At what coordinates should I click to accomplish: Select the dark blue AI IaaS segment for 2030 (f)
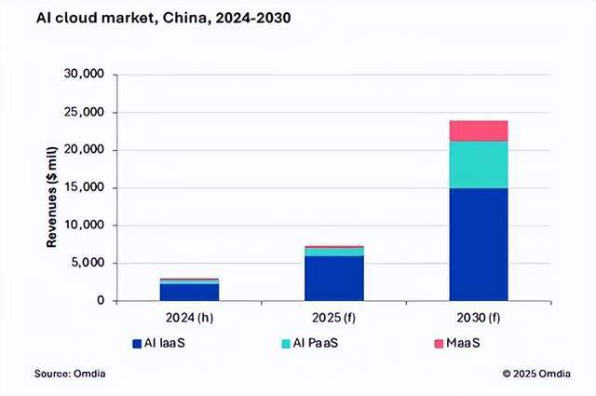click(x=479, y=244)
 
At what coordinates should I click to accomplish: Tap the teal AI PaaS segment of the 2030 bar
click(x=479, y=165)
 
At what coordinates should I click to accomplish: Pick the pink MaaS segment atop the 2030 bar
click(x=479, y=130)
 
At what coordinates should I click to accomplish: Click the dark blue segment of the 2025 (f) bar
click(x=334, y=278)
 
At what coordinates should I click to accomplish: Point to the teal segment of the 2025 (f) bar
click(x=334, y=252)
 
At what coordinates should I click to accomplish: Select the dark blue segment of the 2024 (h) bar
click(x=189, y=292)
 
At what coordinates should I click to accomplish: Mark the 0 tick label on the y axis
click(x=99, y=301)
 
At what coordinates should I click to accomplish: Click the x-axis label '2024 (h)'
click(x=189, y=317)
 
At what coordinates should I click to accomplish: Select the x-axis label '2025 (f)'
click(x=334, y=317)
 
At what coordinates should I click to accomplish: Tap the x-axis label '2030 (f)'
click(x=479, y=317)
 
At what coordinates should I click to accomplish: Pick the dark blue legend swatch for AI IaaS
click(x=137, y=345)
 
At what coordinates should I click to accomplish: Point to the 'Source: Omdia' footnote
click(x=72, y=374)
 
